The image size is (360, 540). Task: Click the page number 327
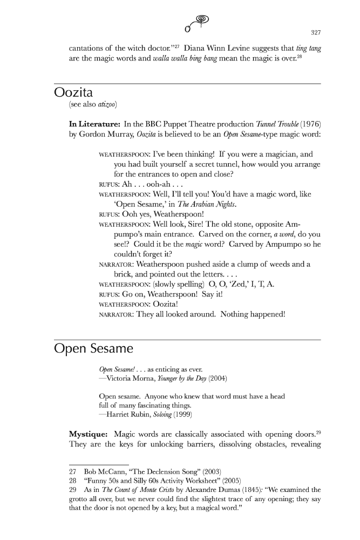316,31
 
